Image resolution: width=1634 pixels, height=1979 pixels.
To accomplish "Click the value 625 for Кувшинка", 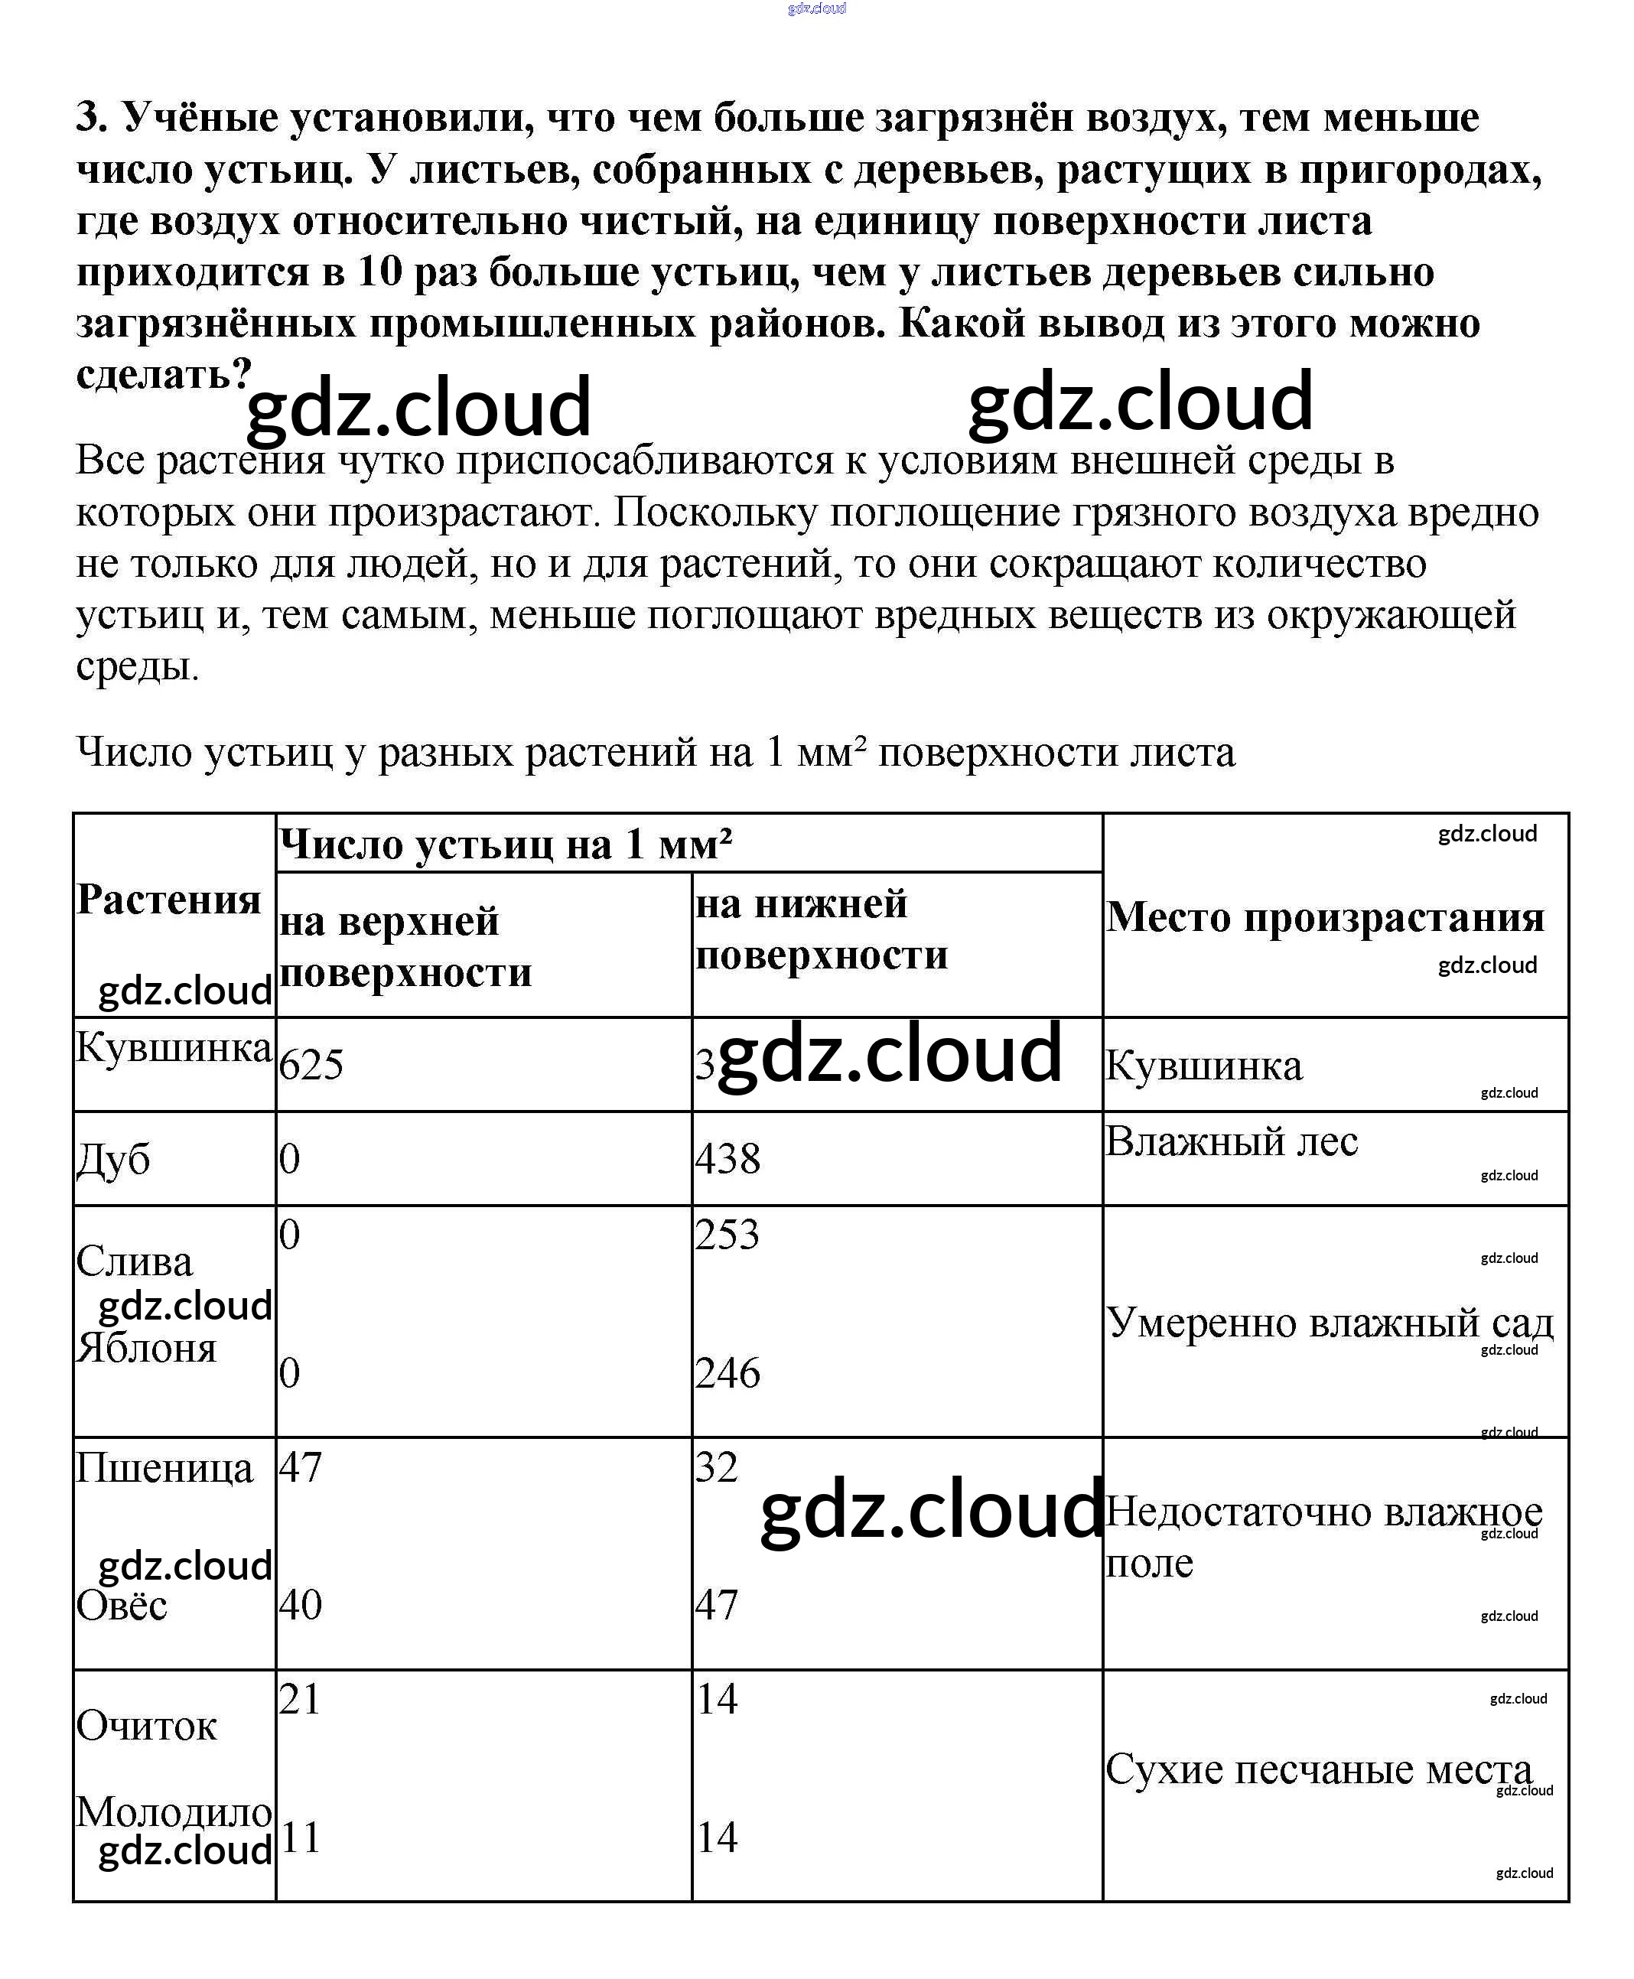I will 311,1064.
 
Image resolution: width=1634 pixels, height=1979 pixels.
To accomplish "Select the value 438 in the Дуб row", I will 727,1157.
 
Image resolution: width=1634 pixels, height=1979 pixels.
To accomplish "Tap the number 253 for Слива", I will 727,1235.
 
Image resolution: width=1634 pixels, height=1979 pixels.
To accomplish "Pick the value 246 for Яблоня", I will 727,1373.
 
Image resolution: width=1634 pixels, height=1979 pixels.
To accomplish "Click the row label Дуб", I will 113,1158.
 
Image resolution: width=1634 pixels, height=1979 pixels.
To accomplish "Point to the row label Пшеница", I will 164,1467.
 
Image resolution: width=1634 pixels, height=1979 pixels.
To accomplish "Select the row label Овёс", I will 122,1604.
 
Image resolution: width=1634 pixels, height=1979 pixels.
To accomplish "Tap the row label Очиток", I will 146,1725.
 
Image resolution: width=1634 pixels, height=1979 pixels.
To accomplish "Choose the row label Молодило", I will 174,1811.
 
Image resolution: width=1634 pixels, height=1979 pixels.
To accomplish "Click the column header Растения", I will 168,899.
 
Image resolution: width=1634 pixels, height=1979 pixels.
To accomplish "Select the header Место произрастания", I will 1325,916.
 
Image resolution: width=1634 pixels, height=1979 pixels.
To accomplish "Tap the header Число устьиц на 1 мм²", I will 506,844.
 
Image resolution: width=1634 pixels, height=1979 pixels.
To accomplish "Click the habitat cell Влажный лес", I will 1231,1141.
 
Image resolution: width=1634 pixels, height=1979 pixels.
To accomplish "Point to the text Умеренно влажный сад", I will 1329,1322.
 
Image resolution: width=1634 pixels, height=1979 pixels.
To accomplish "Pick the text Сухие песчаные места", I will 1318,1769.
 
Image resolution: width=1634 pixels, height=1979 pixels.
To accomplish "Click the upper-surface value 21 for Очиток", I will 299,1698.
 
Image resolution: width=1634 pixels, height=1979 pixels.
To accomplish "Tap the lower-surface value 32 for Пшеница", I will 716,1467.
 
